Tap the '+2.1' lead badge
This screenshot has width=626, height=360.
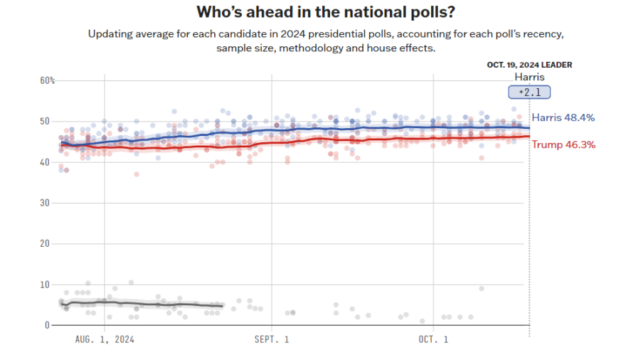click(529, 92)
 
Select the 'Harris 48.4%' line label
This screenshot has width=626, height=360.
click(563, 117)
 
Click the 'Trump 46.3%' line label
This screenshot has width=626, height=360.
click(563, 144)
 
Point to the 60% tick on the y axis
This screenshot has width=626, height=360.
click(47, 80)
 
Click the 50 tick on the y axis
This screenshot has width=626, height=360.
click(45, 122)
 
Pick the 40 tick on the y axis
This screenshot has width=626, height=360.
click(45, 162)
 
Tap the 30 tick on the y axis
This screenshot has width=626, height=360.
click(45, 203)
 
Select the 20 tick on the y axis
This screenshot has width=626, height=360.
click(45, 243)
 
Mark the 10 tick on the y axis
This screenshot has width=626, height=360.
click(45, 285)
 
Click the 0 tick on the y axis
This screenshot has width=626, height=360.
click(48, 325)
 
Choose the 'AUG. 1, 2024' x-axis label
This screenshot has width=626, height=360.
click(105, 340)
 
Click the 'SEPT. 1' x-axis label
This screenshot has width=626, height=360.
click(272, 340)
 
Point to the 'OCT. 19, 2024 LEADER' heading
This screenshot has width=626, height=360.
click(529, 65)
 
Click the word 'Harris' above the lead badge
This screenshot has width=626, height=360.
click(529, 77)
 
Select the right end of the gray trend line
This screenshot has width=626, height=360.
click(223, 306)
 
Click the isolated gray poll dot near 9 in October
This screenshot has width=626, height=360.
click(482, 288)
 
